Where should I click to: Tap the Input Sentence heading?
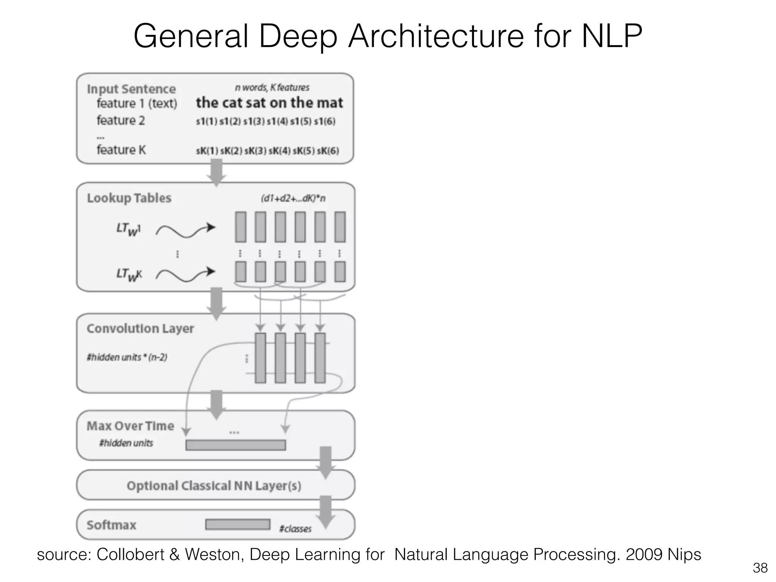click(131, 89)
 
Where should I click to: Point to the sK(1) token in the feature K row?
click(207, 151)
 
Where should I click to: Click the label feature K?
click(121, 150)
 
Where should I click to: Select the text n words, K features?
click(272, 88)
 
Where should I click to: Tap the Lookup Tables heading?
click(129, 198)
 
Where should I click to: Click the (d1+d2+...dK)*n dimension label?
click(293, 199)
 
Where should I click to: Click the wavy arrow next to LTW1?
click(185, 230)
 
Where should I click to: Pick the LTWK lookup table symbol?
click(129, 275)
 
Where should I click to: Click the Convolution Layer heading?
click(140, 329)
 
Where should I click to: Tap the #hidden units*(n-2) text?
click(127, 357)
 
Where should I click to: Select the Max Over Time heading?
click(130, 426)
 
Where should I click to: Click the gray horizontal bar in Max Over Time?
click(235, 445)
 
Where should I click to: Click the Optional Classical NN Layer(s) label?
click(214, 486)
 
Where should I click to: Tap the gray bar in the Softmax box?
click(238, 524)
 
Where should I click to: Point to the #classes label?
click(295, 529)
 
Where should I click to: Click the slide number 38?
click(760, 568)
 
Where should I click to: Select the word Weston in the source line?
click(214, 554)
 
